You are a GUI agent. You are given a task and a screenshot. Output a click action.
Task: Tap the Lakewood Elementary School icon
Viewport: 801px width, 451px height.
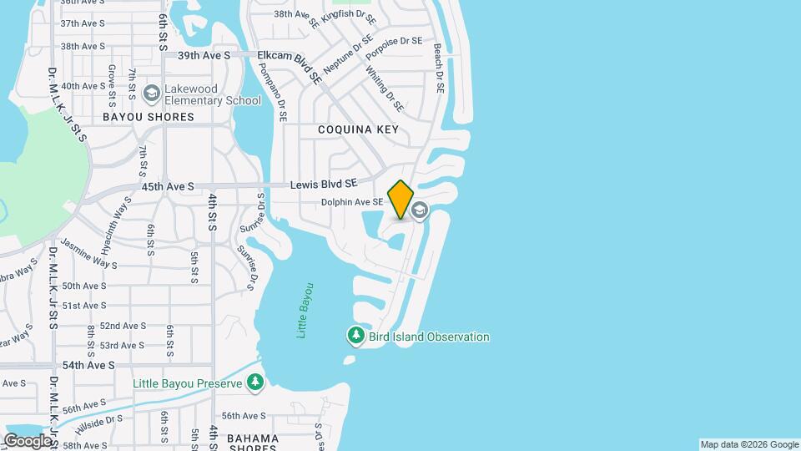coord(152,91)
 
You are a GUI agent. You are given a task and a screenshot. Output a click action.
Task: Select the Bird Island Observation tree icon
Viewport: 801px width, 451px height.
coord(356,336)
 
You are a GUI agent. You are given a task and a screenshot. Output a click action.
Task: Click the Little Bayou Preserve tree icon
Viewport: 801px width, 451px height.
coord(255,383)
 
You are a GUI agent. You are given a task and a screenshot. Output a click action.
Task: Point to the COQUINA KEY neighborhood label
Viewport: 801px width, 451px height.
coord(358,129)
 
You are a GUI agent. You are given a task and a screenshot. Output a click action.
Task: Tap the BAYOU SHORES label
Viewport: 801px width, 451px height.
coord(148,117)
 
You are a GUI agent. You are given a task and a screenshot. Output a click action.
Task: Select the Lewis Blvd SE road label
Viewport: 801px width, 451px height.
coord(324,184)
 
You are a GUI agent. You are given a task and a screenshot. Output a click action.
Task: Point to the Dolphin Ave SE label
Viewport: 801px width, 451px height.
coord(352,202)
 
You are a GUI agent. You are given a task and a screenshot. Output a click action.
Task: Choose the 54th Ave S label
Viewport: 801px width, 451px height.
coord(88,366)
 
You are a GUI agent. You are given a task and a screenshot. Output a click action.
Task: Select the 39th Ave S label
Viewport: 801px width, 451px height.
coord(204,55)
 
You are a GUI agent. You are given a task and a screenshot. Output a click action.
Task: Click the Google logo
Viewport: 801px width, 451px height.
coord(27,440)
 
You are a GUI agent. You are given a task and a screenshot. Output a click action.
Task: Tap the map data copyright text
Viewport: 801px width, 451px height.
coord(748,444)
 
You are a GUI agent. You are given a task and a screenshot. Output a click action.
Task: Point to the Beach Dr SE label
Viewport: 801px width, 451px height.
coord(438,68)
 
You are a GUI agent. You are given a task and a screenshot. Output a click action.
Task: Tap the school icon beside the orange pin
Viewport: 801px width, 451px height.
coord(420,209)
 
